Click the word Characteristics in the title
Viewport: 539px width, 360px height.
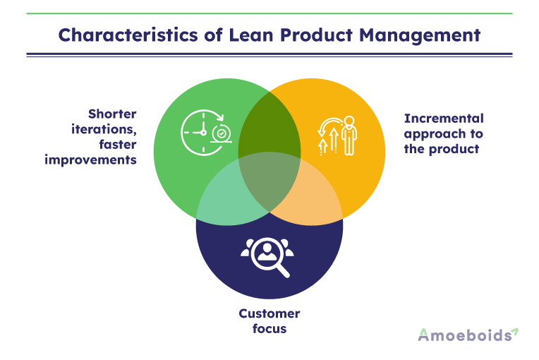[128, 35]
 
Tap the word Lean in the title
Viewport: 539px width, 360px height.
[250, 35]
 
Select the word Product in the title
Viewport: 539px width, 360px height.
[316, 35]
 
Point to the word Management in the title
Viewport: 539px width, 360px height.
[420, 35]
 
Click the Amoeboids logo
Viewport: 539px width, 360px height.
[468, 335]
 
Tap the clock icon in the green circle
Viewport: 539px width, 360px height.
[206, 133]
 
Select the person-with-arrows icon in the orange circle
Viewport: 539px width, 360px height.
[337, 136]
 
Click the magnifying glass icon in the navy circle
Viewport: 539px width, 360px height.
[267, 257]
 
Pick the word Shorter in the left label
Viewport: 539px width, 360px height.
[112, 114]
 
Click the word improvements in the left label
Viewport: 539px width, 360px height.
[90, 160]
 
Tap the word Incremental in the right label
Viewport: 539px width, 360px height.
[444, 119]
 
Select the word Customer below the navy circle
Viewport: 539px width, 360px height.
[269, 313]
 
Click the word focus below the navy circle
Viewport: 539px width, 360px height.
[269, 329]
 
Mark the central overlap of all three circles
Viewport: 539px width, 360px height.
[269, 181]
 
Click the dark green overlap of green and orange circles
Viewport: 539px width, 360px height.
[269, 124]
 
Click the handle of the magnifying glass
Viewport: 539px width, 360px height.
[283, 270]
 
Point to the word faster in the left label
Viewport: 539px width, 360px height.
[118, 145]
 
